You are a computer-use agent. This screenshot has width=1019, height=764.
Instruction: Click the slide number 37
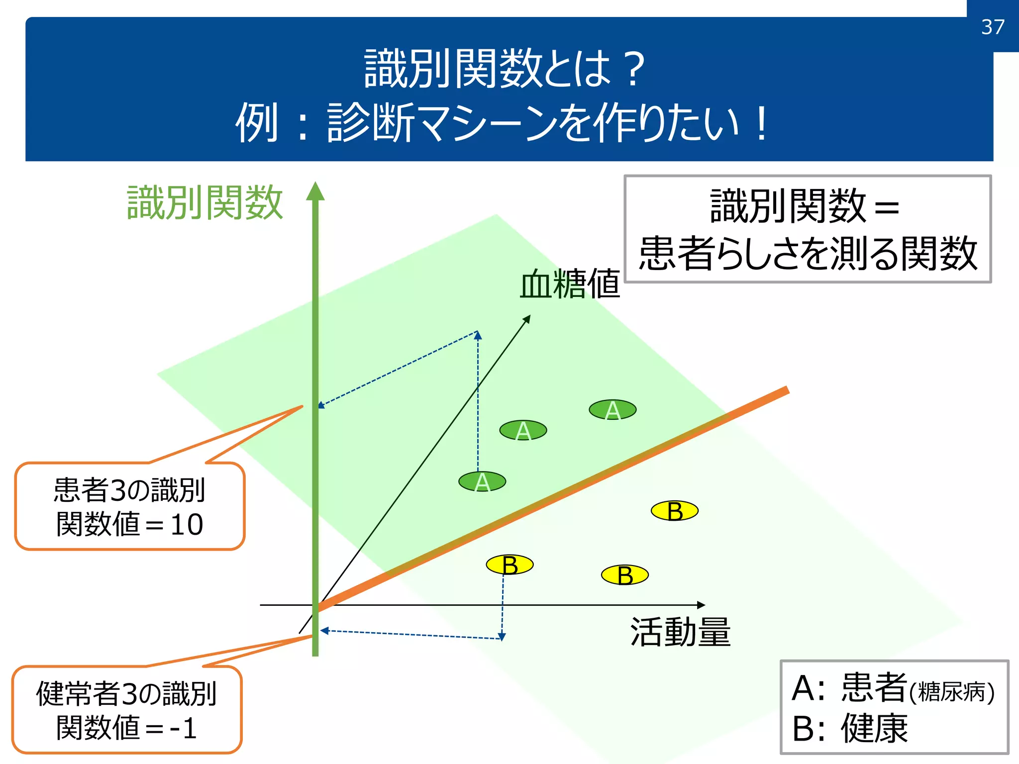(993, 27)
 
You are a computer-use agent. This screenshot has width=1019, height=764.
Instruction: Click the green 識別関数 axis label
(205, 202)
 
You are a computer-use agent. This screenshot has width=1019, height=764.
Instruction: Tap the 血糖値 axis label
(570, 284)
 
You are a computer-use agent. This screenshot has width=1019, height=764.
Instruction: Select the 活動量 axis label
(680, 632)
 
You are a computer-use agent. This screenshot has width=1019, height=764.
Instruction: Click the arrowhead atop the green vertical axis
(315, 191)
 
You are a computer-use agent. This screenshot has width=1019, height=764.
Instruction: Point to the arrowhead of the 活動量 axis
(702, 605)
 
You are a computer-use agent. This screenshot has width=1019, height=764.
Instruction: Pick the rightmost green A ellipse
(612, 410)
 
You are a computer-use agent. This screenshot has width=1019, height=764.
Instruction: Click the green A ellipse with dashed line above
(482, 481)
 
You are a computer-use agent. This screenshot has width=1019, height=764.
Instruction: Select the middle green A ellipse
(523, 430)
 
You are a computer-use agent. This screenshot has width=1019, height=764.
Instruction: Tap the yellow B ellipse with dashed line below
(509, 565)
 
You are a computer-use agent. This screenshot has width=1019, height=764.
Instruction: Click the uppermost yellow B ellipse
(675, 511)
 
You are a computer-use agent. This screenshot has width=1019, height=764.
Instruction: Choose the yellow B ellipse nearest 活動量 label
(625, 575)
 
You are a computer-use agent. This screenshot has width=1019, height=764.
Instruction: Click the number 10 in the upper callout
(187, 525)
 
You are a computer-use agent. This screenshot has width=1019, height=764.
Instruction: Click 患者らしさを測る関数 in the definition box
(808, 254)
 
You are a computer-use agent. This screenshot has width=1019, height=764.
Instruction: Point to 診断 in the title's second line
(371, 123)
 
